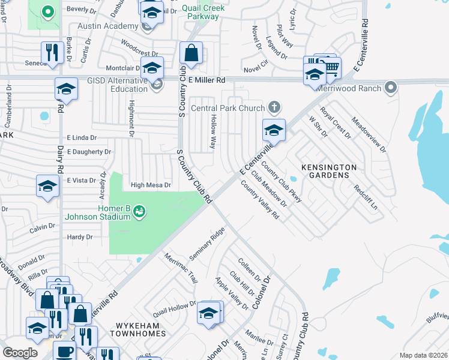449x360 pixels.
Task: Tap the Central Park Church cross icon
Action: (274, 108)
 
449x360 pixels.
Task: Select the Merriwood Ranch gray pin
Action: (391, 89)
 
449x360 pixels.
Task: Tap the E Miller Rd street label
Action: (206, 80)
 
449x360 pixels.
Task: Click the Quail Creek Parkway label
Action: (203, 12)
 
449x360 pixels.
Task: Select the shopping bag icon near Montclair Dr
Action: (191, 53)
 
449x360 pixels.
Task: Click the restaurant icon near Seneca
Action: (52, 52)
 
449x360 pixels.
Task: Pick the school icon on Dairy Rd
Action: (65, 89)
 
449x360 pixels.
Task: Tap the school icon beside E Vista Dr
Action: (47, 186)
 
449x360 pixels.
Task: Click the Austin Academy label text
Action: (107, 27)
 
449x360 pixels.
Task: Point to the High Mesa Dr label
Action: (151, 185)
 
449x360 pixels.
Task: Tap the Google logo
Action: (20, 353)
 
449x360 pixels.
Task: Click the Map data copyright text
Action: (423, 355)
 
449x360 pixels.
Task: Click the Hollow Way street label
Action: (212, 132)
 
